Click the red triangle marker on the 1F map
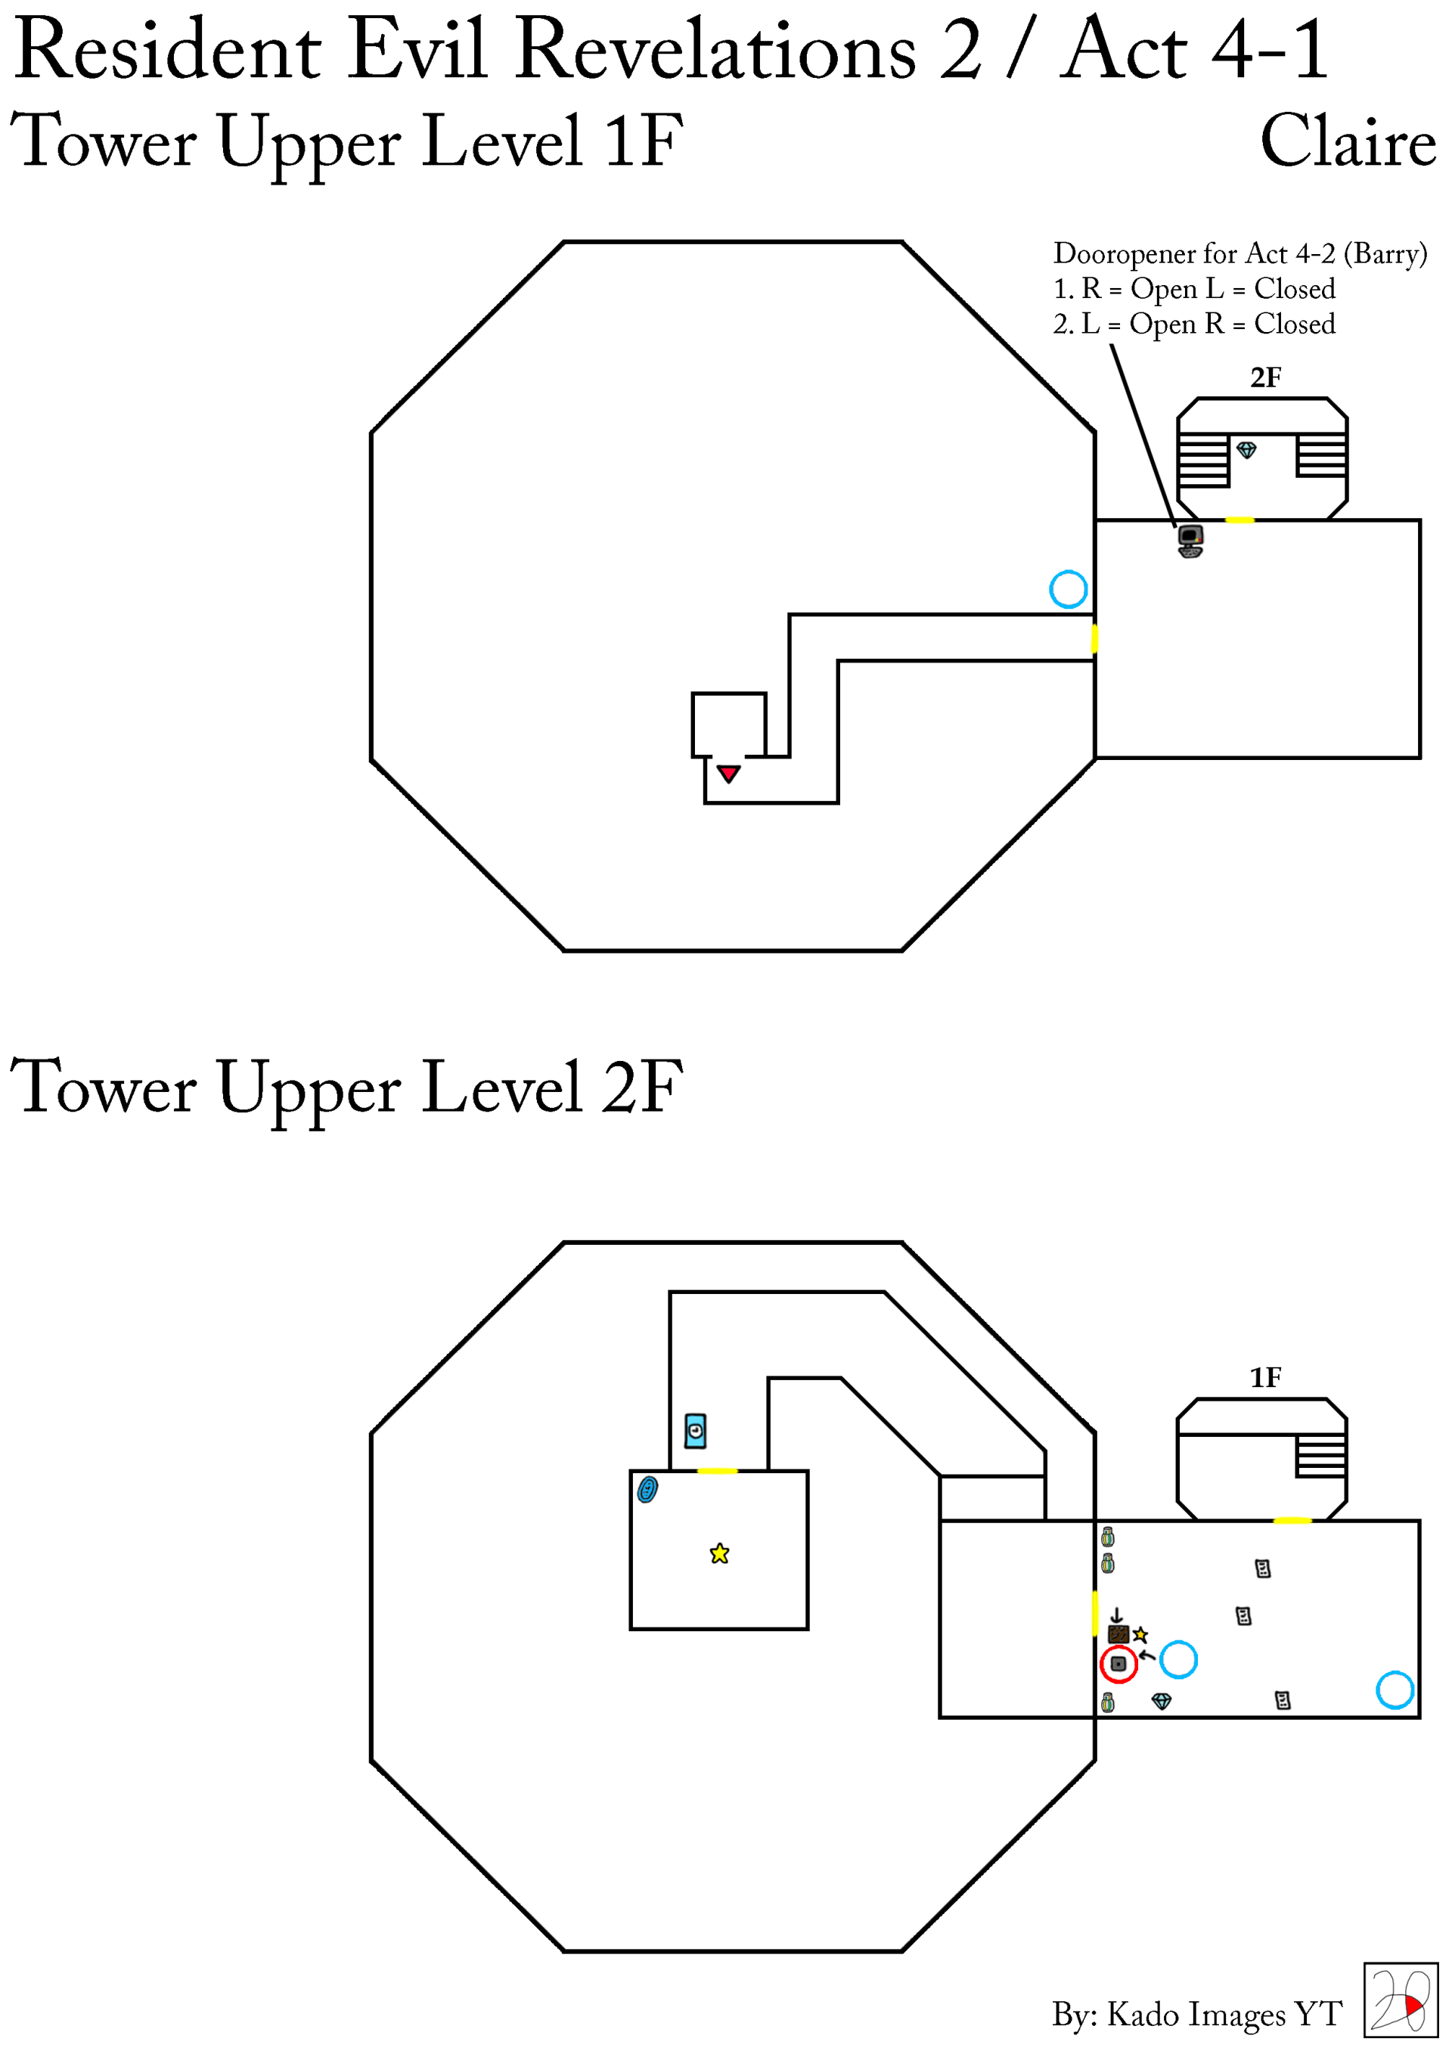728,773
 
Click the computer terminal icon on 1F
1190,540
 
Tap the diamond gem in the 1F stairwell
1246,449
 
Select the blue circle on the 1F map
1067,590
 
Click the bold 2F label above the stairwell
1265,377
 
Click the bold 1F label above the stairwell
1265,1377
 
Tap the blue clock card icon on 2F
695,1431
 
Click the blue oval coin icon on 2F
647,1490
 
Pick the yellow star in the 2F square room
719,1554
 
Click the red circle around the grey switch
1118,1664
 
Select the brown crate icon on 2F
1118,1634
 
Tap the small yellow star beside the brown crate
1140,1634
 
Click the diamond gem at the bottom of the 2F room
1162,1701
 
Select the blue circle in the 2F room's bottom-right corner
1394,1690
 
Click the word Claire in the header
1348,141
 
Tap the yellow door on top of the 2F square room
717,1471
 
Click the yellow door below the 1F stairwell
1239,520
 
